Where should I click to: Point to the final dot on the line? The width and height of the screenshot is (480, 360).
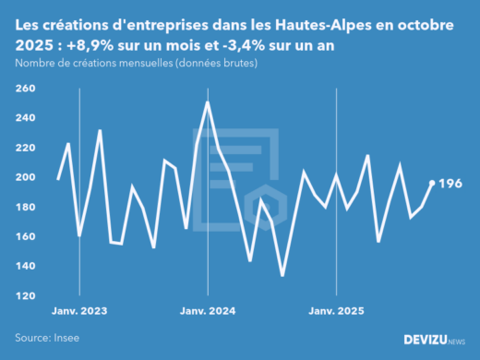click(x=432, y=183)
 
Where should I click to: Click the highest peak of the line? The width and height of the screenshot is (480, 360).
click(x=207, y=102)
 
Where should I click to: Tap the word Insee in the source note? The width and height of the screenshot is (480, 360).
click(x=66, y=338)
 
